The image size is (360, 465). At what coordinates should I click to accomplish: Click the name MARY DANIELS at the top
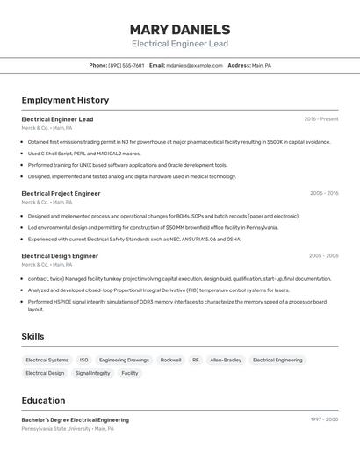point(180,30)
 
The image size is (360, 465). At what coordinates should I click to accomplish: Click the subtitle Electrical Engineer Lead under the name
point(180,44)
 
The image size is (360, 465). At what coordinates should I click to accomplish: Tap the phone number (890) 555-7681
point(126,65)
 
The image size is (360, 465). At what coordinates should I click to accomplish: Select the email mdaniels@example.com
point(195,65)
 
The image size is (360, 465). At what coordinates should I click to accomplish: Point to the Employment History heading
point(65,101)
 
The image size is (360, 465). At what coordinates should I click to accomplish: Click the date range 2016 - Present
point(321,119)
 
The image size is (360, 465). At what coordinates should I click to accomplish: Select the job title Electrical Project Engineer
point(61,193)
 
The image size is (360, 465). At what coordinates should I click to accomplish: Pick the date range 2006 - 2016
point(321,193)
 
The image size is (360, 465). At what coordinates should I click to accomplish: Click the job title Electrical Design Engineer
point(60,256)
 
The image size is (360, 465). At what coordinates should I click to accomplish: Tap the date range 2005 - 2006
point(323,256)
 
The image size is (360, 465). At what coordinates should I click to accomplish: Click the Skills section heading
point(32,337)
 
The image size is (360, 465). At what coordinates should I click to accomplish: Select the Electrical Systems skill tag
point(47,360)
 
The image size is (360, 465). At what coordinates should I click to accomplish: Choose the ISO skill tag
point(83,360)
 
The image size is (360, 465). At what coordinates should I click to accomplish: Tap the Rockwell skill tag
point(170,360)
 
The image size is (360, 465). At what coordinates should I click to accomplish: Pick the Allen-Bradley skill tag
point(226,360)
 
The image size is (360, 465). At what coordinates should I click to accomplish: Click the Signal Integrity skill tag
point(92,373)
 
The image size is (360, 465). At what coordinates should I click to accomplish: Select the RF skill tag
point(196,360)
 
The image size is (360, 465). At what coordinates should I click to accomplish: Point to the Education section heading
point(43,400)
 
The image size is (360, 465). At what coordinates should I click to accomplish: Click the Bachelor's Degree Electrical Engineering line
point(76,420)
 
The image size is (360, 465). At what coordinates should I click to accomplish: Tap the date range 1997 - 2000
point(324,420)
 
